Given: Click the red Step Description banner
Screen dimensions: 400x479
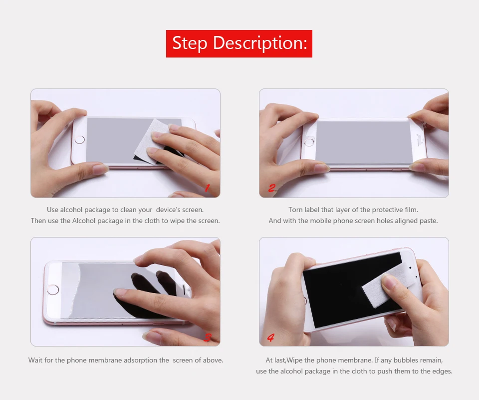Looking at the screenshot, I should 239,43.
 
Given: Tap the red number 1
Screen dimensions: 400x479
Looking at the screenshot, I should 207,188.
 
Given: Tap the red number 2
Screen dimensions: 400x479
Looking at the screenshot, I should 272,188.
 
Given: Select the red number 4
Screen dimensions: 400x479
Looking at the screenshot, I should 271,337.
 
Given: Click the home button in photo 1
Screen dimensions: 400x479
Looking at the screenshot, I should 80,140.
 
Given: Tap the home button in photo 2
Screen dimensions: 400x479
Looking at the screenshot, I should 309,142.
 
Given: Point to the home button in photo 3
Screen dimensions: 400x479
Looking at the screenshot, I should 53,289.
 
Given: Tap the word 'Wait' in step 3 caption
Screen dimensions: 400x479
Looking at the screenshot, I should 35,360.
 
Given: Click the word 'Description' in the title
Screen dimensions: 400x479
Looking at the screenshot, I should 259,43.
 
